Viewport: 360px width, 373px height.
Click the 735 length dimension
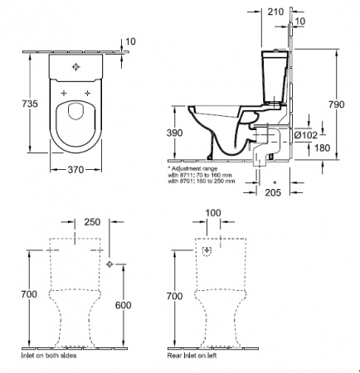[30, 104]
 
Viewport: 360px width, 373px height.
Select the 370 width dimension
[75, 169]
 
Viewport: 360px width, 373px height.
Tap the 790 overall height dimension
[337, 104]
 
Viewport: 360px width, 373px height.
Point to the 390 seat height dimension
[174, 133]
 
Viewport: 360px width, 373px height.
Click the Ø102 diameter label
[305, 135]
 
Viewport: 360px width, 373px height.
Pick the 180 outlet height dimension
[323, 148]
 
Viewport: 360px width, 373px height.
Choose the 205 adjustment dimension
[273, 192]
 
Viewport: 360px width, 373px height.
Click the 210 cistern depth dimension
[275, 12]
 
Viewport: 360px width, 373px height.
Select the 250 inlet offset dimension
[92, 222]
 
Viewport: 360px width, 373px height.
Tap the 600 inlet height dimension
[123, 305]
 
